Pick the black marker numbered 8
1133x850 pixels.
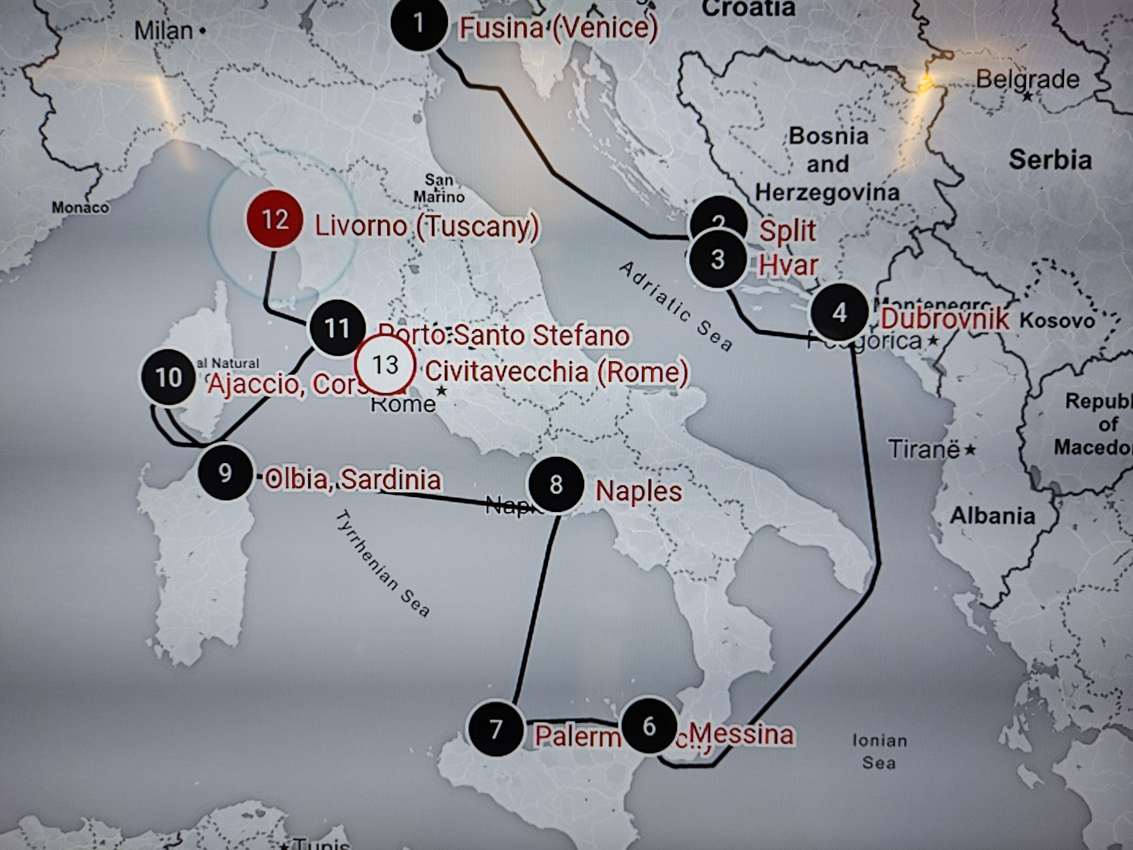point(556,484)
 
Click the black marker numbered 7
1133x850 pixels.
point(495,728)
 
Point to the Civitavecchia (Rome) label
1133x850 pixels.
point(556,371)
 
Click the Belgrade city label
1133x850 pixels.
point(1027,79)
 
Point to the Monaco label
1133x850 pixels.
point(80,207)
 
